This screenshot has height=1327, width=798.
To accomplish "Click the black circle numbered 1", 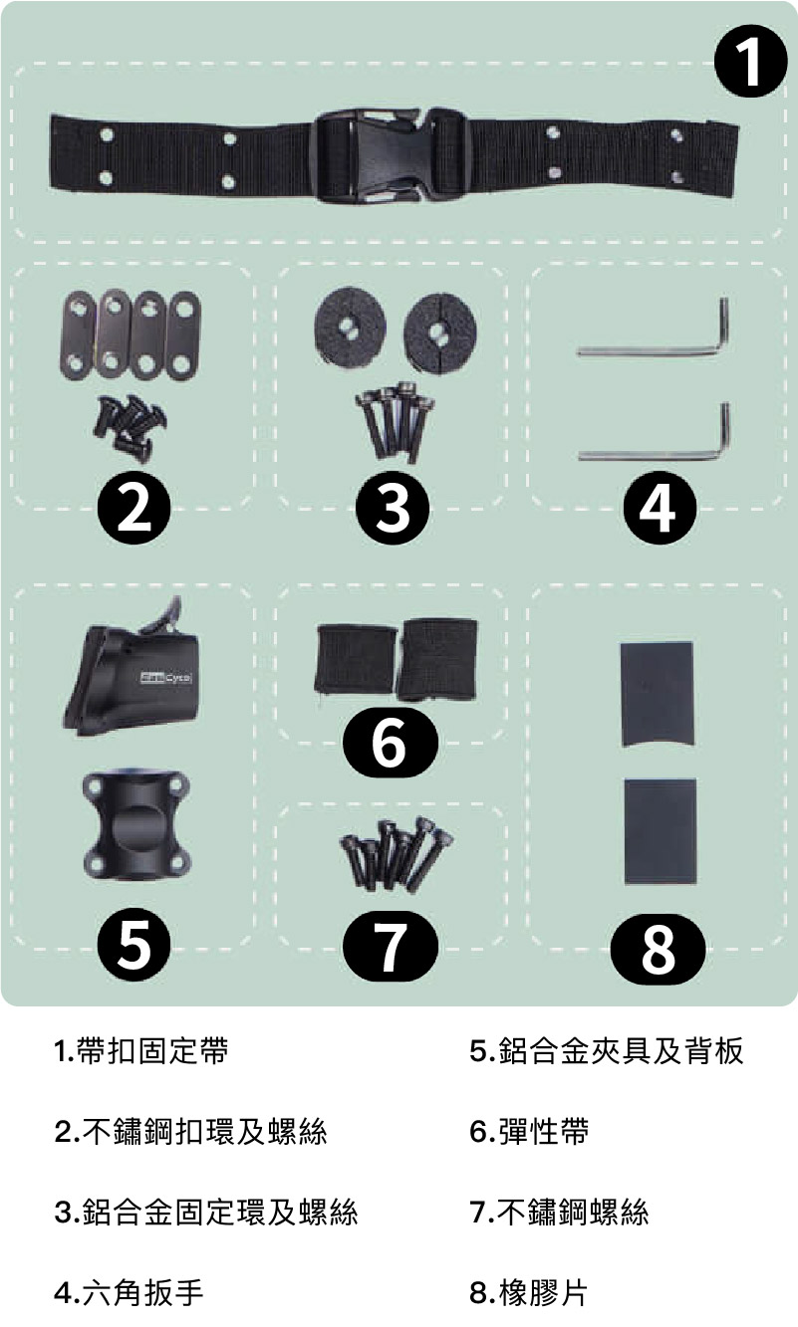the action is [750, 61].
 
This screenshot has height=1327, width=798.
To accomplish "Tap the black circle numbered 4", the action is [660, 508].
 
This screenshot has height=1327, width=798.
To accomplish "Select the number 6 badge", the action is [391, 743].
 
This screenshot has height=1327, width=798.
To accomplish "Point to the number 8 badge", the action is [659, 949].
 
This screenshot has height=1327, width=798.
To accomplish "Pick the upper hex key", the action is [653, 328].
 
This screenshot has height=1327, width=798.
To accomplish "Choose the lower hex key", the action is [654, 432].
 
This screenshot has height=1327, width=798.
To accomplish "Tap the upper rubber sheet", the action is [657, 694].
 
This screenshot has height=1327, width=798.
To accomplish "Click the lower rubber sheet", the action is [661, 832].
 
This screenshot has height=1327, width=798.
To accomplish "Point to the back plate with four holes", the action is [136, 826].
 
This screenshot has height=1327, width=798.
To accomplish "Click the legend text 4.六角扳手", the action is [129, 1292].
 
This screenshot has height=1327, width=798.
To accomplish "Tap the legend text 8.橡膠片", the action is [528, 1292].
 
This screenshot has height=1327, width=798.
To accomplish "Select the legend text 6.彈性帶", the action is [529, 1131].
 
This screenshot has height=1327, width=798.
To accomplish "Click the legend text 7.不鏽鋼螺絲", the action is [559, 1212].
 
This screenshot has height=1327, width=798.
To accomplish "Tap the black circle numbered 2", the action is [134, 508].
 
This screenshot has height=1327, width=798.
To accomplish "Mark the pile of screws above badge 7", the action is [397, 854].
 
